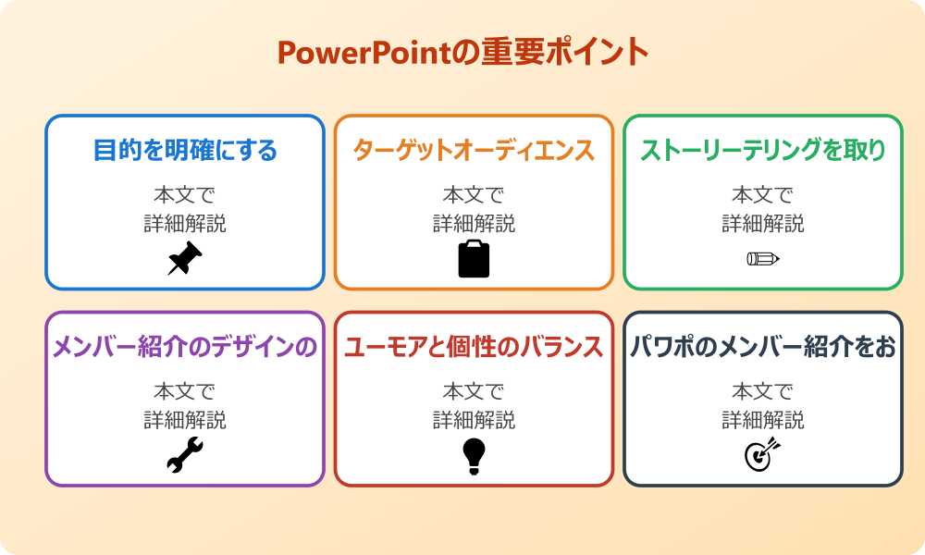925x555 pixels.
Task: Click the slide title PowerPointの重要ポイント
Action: click(462, 52)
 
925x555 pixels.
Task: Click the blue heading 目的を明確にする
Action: click(185, 150)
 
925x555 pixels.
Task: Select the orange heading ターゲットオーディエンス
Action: click(474, 150)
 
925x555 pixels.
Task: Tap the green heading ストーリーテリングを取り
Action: click(763, 150)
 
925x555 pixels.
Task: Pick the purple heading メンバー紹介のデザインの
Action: click(185, 347)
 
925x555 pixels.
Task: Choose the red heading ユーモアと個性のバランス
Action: click(474, 347)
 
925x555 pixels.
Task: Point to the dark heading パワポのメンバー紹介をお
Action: click(763, 347)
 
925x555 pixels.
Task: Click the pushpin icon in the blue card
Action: click(185, 259)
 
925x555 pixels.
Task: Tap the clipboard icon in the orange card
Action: click(474, 259)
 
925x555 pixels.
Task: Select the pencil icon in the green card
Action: click(763, 258)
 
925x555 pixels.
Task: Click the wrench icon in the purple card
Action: click(185, 456)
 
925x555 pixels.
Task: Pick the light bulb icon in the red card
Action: click(474, 456)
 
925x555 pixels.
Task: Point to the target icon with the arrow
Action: click(763, 455)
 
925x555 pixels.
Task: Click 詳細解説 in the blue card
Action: click(185, 223)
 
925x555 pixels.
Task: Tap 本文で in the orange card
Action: click(474, 195)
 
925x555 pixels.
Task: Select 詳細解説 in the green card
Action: click(763, 223)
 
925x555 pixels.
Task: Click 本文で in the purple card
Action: click(185, 392)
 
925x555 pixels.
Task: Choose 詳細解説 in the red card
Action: click(474, 420)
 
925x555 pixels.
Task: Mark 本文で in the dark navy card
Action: click(763, 392)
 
